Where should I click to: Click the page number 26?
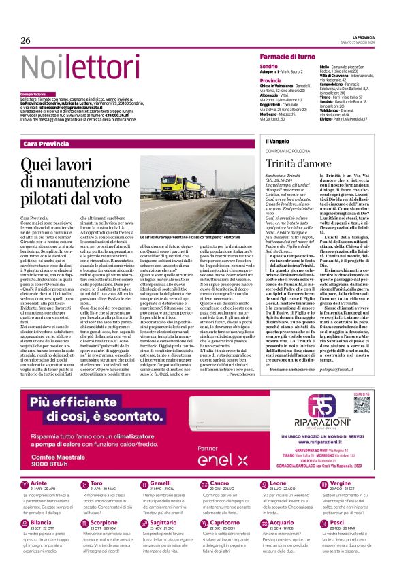(x=26, y=40)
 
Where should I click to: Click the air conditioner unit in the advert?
(x=223, y=399)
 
